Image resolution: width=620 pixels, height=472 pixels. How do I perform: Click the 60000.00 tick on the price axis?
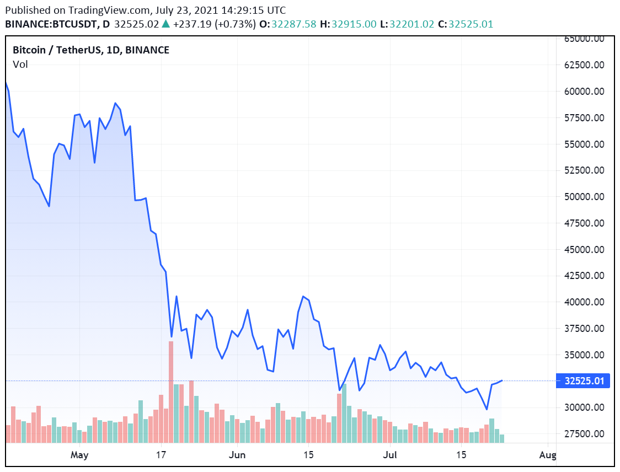tap(586, 92)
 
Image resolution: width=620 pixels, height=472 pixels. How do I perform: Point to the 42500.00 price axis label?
tap(586, 276)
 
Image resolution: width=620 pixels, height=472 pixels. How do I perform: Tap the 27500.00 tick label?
tap(586, 434)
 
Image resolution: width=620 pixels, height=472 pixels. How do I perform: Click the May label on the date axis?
tap(80, 455)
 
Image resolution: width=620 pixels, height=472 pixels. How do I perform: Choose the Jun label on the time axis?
tap(237, 455)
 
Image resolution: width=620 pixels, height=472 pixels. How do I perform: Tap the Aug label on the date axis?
tap(548, 455)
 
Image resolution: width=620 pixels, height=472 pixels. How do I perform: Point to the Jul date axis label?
tap(390, 455)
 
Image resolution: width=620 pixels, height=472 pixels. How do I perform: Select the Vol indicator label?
tap(20, 65)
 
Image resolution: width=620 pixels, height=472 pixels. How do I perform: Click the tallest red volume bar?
tap(171, 391)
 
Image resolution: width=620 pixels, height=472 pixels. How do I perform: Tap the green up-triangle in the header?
tap(165, 24)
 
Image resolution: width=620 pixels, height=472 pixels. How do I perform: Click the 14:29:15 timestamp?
tap(245, 10)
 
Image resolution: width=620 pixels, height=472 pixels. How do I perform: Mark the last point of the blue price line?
tap(502, 380)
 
